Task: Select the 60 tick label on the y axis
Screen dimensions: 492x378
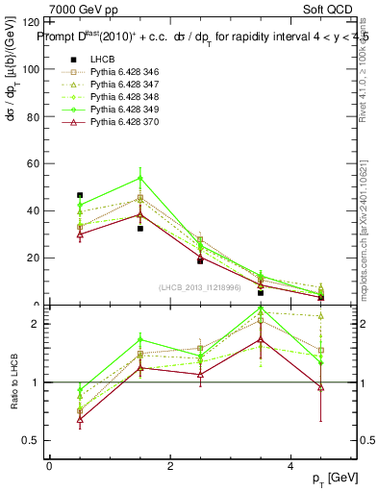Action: (x=32, y=163)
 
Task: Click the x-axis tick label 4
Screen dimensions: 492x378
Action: (x=291, y=466)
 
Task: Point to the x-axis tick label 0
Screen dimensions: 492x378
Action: (x=49, y=466)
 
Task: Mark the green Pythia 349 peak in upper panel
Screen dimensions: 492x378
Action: (x=140, y=178)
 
